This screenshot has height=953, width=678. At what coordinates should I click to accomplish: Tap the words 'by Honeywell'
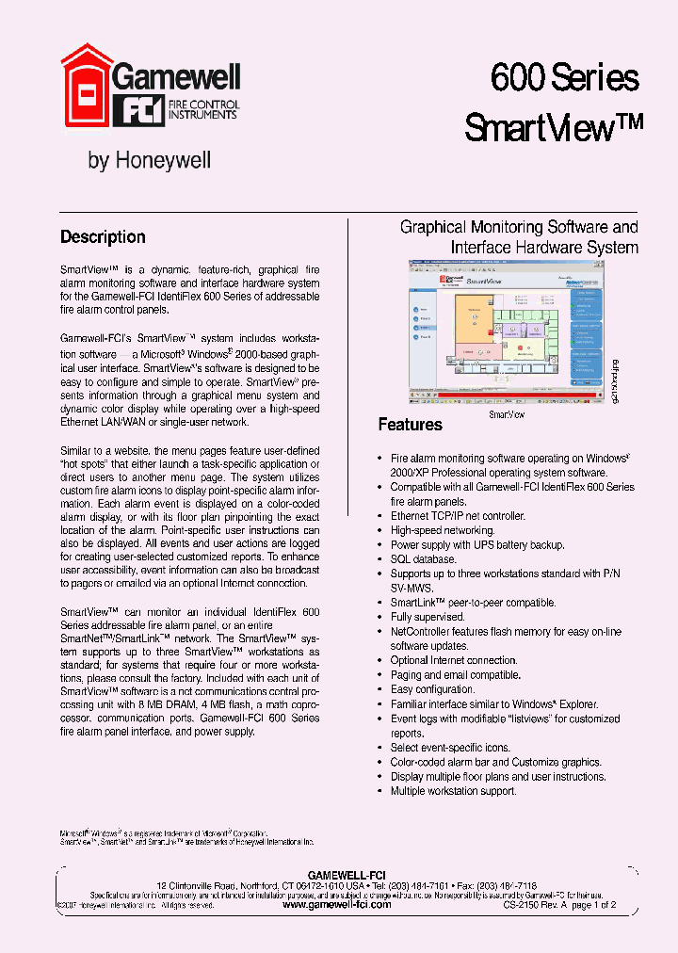coord(149,160)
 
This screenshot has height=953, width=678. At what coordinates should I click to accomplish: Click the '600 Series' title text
coord(564,77)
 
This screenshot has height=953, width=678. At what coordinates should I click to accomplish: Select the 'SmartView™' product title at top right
coord(554,126)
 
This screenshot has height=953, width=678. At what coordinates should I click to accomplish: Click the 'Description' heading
coord(103,237)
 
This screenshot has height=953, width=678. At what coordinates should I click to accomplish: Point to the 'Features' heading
coord(410,425)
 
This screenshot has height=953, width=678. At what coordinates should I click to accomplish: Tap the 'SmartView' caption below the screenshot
coord(507,413)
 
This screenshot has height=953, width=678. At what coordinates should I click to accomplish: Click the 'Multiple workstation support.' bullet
coord(453,791)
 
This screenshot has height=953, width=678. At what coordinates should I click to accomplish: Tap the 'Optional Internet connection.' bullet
coord(454,660)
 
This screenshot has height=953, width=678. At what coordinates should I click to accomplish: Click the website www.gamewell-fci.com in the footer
coord(336,903)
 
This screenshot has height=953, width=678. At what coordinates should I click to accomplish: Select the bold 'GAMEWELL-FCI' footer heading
coord(347,875)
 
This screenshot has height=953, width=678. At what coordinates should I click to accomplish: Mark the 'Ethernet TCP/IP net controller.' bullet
coord(458,516)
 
